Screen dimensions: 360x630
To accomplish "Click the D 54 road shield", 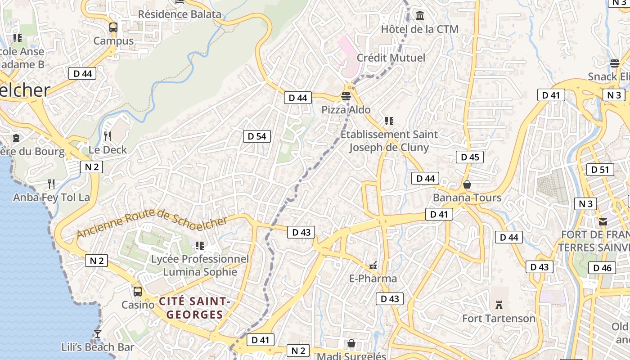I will click(x=257, y=136).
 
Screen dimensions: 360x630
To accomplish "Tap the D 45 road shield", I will click(x=470, y=157).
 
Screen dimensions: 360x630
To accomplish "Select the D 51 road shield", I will click(x=600, y=170).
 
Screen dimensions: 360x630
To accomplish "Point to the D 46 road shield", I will click(x=602, y=268).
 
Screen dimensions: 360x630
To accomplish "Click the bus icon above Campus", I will click(x=113, y=27).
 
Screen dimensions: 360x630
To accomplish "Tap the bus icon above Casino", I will click(x=138, y=291).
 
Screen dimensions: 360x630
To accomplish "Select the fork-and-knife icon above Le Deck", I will click(x=108, y=135).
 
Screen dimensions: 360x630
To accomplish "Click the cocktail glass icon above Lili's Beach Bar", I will click(x=97, y=333).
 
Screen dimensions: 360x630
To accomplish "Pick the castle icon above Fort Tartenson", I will click(x=499, y=305).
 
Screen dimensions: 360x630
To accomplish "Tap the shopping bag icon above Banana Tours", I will click(x=467, y=184).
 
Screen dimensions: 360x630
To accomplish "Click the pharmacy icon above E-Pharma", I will click(x=373, y=265).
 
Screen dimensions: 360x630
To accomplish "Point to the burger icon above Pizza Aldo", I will click(x=346, y=96).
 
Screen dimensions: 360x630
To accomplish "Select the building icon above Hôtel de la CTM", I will click(x=420, y=16).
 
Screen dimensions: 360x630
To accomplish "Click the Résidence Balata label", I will click(x=180, y=14).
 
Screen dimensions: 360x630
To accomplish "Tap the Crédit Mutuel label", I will click(x=391, y=58).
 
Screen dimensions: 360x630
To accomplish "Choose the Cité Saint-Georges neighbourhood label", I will click(x=195, y=307).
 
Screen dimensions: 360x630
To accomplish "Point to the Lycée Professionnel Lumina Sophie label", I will click(x=200, y=265).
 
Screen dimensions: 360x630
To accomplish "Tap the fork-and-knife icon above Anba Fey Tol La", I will click(x=51, y=184).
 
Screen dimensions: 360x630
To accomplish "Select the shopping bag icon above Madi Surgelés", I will click(x=351, y=344).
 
